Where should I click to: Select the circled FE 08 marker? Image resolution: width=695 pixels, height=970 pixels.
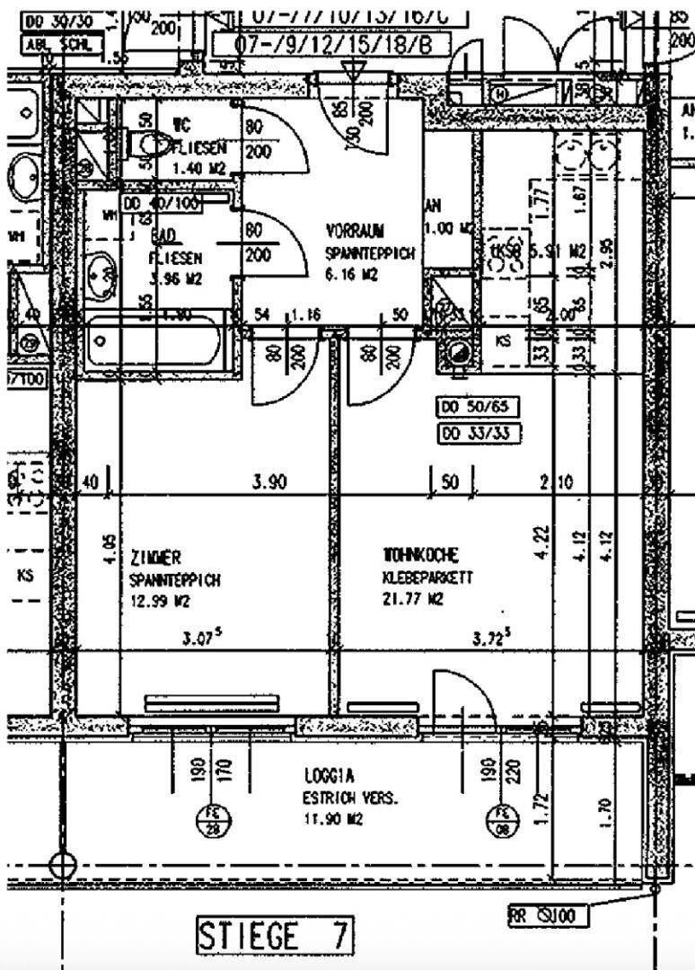pos(501,822)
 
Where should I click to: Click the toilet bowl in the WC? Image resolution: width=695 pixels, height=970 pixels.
pos(149,143)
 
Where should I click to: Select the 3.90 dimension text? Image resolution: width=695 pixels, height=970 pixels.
pos(268,483)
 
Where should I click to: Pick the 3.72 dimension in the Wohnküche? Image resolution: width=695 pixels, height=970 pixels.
pos(492,639)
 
